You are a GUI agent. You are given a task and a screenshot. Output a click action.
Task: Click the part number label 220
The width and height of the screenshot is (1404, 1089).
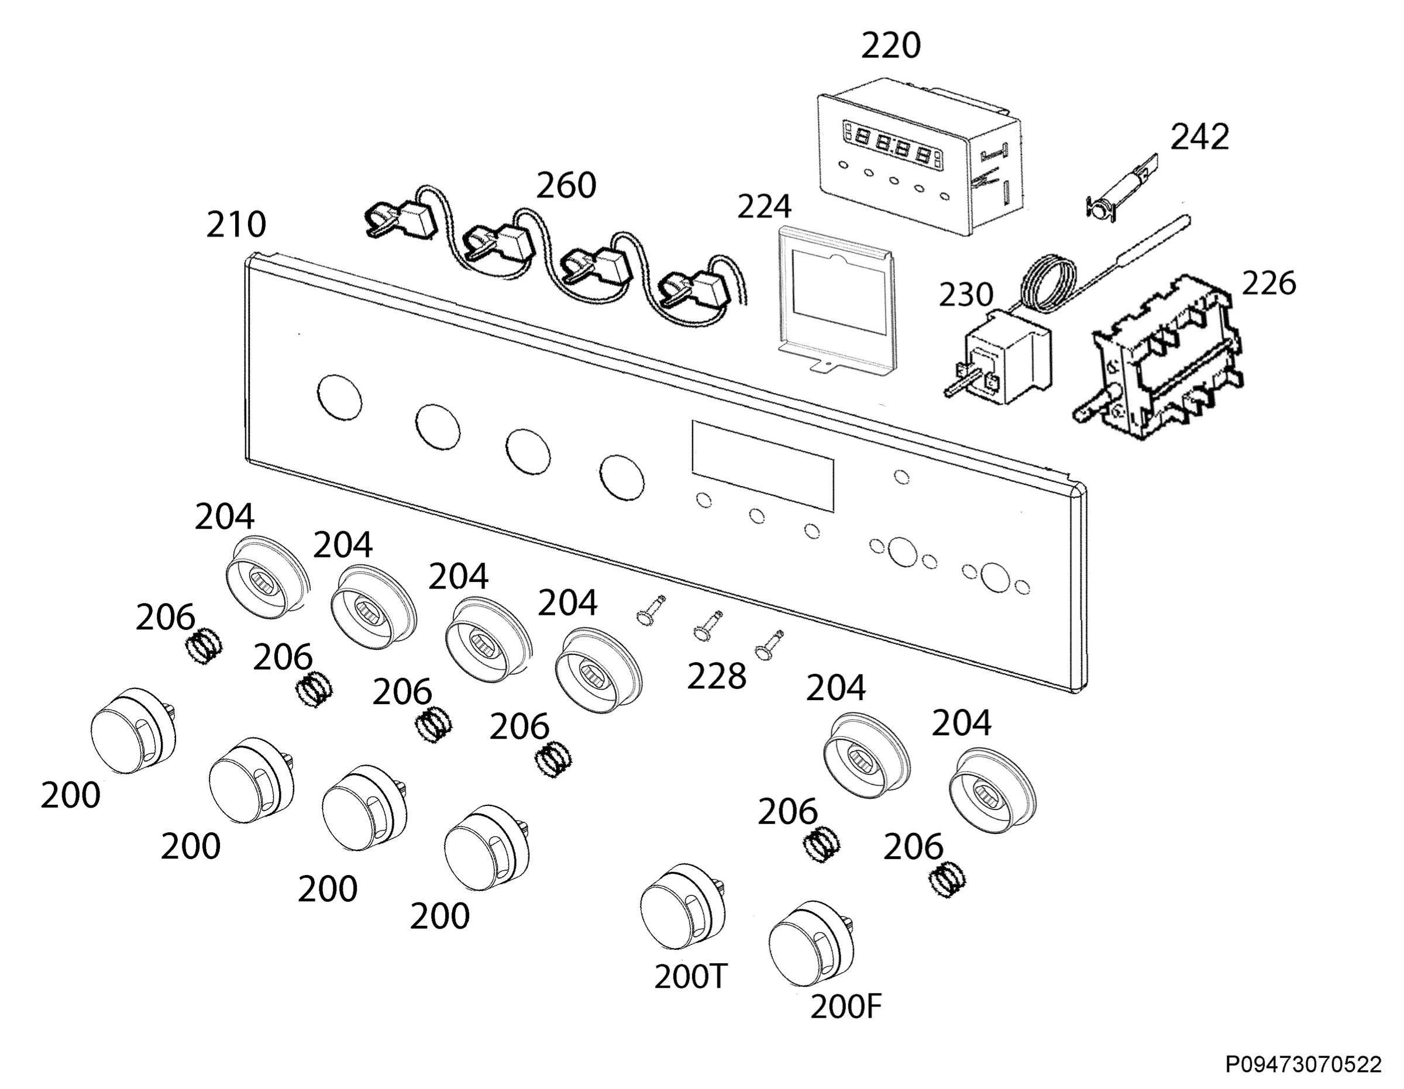[x=890, y=46]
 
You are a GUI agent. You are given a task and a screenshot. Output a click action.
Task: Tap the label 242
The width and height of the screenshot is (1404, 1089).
[x=1200, y=137]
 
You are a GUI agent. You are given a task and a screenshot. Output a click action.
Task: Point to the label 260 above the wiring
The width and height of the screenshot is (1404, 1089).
[x=566, y=186]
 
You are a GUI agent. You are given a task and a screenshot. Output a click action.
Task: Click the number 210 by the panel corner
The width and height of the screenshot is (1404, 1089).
[x=236, y=225]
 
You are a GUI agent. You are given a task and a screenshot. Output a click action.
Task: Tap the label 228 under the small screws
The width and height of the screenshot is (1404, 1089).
[x=717, y=677]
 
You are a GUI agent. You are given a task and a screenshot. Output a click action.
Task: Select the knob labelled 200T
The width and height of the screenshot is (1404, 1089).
[x=683, y=907]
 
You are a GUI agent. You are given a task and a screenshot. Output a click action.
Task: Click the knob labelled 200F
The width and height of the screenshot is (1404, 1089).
[x=811, y=944]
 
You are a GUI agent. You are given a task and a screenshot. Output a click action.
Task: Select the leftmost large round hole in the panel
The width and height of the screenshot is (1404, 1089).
[x=339, y=398]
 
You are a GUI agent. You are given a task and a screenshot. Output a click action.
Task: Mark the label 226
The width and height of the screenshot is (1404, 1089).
[x=1268, y=284]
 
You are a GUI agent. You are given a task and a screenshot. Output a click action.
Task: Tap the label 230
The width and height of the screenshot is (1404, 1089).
[x=966, y=295]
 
